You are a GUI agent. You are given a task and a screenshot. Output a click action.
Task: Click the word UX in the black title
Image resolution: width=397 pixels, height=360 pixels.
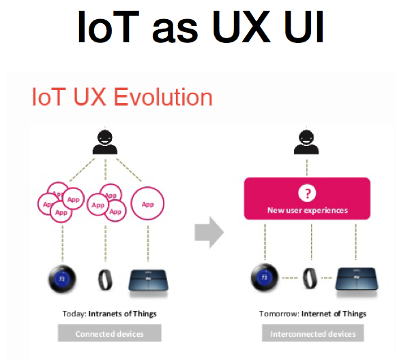point(241,27)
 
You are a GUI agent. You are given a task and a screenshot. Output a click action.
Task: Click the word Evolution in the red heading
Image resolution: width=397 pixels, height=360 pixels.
point(163,97)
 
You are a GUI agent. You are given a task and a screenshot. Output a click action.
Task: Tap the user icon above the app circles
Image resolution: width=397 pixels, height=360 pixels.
point(105,142)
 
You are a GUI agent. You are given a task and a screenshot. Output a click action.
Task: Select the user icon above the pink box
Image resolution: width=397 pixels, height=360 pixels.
point(306,142)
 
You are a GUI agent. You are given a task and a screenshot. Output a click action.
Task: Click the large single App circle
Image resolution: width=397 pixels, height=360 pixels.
point(147,203)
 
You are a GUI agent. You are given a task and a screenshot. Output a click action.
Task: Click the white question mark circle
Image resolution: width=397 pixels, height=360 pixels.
point(307,193)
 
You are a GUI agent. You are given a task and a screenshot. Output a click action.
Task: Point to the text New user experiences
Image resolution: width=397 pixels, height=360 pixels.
point(308,210)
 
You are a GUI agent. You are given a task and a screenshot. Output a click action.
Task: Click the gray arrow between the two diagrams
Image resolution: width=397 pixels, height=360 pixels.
point(209,232)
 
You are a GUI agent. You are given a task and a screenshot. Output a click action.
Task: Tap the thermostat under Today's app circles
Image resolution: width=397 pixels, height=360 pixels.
point(62,279)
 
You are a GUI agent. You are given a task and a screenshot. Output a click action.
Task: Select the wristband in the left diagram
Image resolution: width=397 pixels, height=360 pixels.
point(105,280)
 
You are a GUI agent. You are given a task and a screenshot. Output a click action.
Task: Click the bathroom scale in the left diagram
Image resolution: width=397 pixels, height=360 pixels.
point(149,282)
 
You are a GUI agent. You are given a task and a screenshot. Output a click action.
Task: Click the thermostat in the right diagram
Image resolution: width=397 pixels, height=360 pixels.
point(265,277)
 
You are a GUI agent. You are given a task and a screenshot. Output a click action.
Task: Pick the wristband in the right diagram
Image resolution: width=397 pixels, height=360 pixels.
point(310,278)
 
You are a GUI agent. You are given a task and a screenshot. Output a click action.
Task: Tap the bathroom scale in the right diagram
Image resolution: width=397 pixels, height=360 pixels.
point(357,280)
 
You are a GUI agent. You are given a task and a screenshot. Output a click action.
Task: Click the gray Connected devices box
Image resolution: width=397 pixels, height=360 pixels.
point(109,333)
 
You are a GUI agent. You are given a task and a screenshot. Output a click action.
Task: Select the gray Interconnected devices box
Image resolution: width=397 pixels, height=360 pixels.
point(313,333)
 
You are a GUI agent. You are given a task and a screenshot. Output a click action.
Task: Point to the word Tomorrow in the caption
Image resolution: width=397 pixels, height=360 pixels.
point(279,314)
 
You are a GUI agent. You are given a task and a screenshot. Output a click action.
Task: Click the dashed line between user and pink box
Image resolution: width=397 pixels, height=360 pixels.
point(307,167)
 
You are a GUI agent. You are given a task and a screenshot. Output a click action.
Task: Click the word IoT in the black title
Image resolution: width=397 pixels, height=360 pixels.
point(108,27)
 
